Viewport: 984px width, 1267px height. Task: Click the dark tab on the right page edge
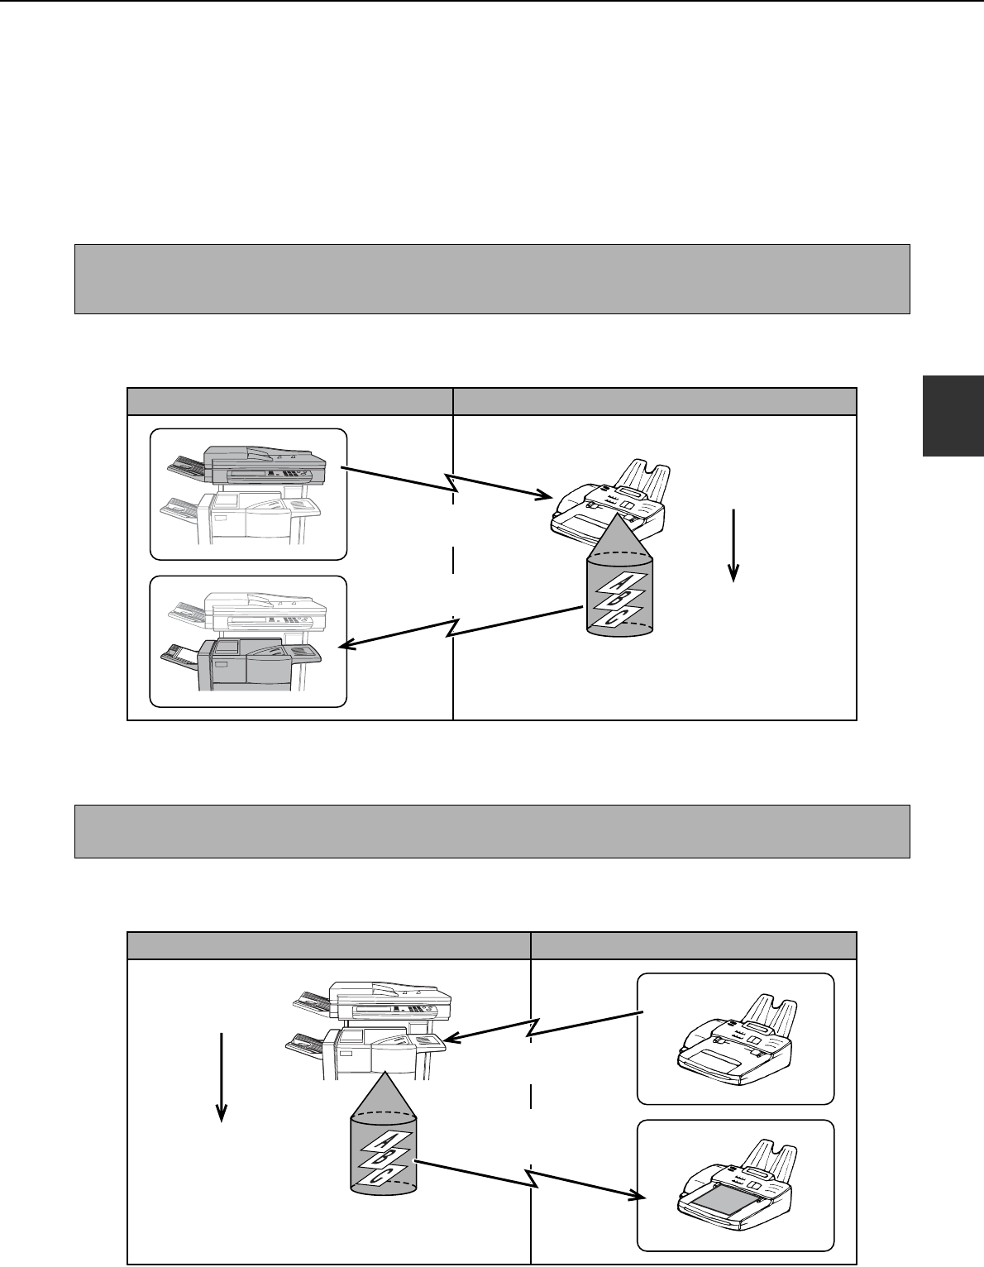pyautogui.click(x=953, y=415)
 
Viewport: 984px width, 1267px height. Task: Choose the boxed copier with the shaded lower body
pyautogui.click(x=247, y=642)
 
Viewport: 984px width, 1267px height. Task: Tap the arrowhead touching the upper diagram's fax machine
pyautogui.click(x=544, y=495)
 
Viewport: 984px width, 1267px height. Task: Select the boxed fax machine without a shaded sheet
pyautogui.click(x=736, y=1039)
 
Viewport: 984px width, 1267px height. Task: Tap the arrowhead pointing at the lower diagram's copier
pyautogui.click(x=452, y=1038)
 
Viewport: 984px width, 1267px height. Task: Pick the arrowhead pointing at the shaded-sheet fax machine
pyautogui.click(x=639, y=1197)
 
